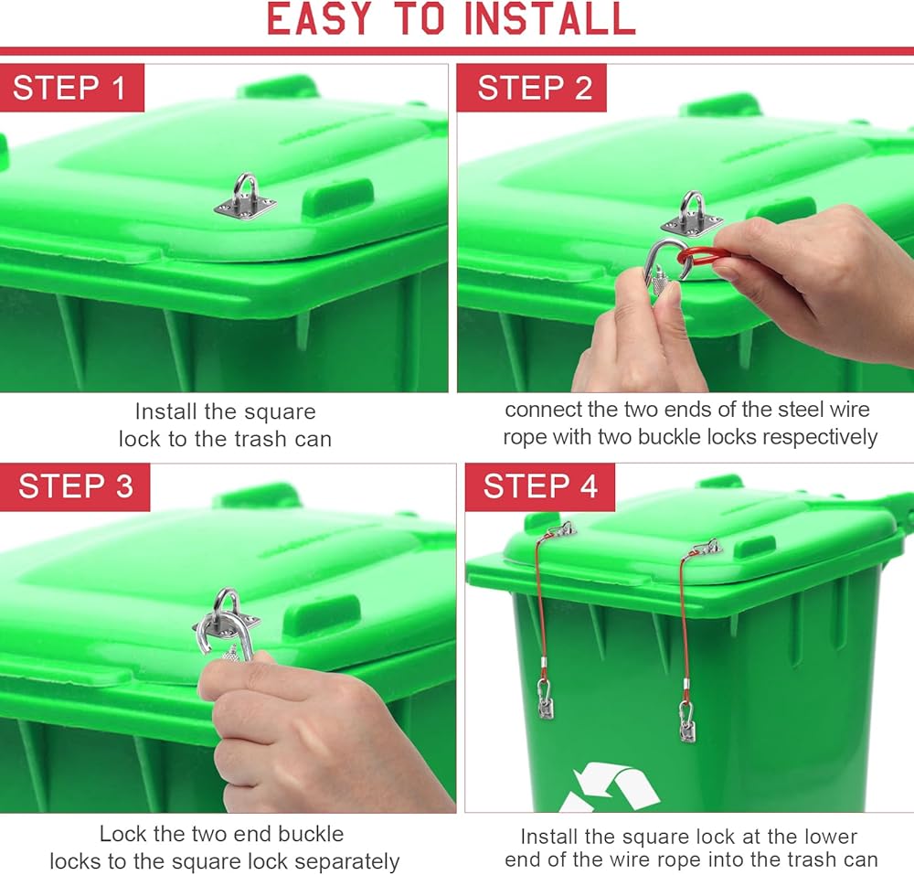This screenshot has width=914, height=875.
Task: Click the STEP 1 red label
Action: pyautogui.click(x=71, y=88)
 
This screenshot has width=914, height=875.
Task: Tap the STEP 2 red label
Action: pyautogui.click(x=532, y=88)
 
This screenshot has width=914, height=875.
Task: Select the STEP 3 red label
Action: pyautogui.click(x=75, y=486)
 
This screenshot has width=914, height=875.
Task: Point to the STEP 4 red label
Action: pyautogui.click(x=540, y=486)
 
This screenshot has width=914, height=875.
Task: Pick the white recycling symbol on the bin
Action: pyautogui.click(x=609, y=788)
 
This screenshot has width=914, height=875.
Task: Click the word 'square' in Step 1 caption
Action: pyautogui.click(x=280, y=412)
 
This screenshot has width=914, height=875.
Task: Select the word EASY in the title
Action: pyautogui.click(x=319, y=19)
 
